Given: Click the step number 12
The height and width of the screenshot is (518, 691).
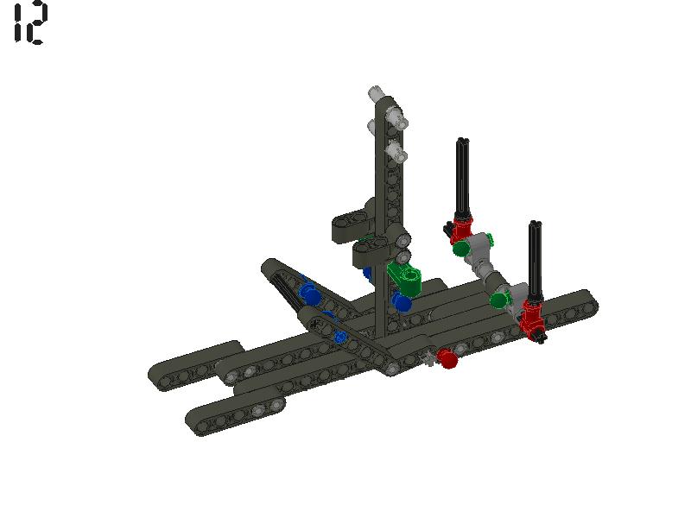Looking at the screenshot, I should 30,23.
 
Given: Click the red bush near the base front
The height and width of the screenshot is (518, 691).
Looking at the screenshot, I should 447,358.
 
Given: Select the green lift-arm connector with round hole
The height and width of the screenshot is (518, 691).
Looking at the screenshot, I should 406,278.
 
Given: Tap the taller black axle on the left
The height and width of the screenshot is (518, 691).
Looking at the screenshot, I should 463,177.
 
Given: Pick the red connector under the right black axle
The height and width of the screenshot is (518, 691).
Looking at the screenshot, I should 532,314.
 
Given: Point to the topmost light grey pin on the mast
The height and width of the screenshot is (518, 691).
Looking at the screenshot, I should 376,94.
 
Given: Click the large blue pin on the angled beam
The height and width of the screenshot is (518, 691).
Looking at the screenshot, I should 310,294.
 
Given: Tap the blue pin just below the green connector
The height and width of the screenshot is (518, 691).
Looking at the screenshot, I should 402,302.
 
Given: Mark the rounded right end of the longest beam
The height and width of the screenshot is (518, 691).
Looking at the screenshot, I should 586,303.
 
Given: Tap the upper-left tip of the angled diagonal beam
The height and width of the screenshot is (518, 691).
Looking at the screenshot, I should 271,266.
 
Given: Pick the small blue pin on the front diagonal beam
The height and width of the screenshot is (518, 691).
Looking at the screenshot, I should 341,337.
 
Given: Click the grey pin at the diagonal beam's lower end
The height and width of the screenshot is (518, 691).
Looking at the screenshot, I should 392,369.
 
